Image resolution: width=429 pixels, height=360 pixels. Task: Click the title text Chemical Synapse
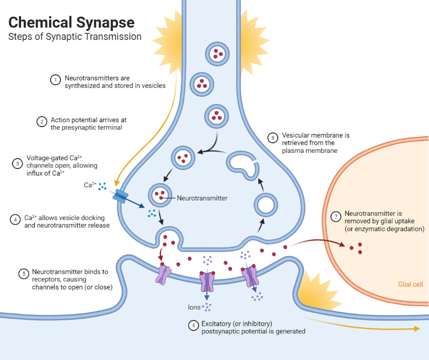pos(71,22)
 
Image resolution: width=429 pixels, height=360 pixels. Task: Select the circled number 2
pos(42,121)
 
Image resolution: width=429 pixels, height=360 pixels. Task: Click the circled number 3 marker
pos(18,163)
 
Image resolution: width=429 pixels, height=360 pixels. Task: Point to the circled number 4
pos(15,220)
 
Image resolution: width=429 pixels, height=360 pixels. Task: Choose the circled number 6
pos(193,326)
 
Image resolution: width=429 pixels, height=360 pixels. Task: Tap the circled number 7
pos(336,217)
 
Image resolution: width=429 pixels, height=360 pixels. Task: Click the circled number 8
pos(273,138)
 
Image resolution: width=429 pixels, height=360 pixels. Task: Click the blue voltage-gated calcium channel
pos(121,196)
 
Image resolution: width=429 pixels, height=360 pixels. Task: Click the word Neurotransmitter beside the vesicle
pos(202,198)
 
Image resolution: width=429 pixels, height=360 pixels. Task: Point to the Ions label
pos(194,307)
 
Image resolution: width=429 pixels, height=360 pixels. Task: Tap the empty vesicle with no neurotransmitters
pos(265,205)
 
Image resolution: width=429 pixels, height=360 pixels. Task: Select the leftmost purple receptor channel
pos(163,275)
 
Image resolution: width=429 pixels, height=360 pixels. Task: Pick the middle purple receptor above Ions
pos(207,281)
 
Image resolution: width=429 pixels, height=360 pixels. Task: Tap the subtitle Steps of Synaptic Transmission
pos(75,37)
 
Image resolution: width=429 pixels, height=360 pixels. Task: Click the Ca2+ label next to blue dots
pos(90,185)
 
